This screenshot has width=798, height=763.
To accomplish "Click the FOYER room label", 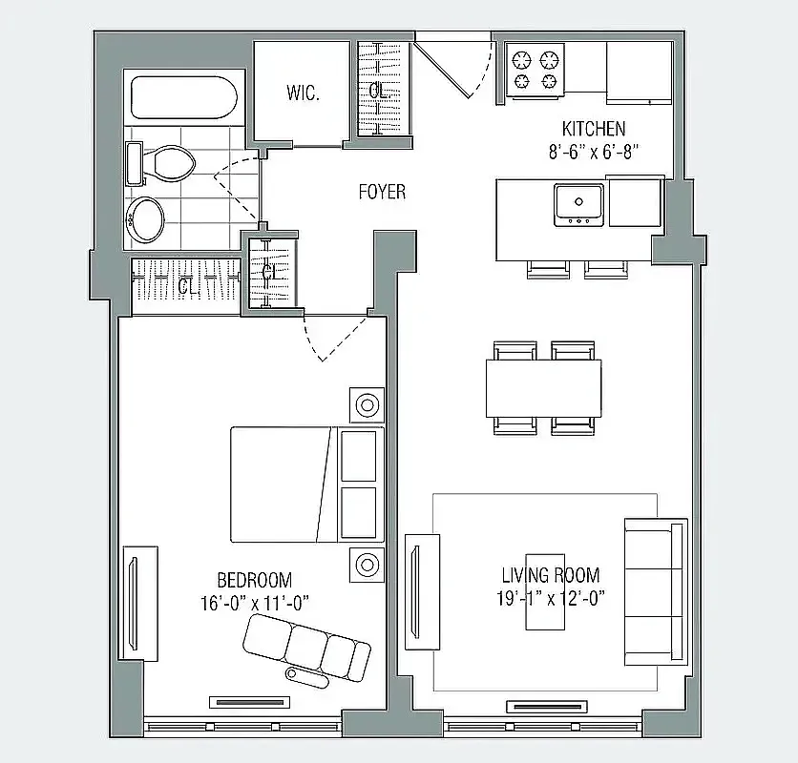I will (x=382, y=192).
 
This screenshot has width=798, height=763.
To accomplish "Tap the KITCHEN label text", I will (x=593, y=129).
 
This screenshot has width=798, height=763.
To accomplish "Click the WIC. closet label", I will (x=302, y=93).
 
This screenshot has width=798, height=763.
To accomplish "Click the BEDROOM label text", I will (x=254, y=580).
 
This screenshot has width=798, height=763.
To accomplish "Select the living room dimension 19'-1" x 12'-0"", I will (x=551, y=597).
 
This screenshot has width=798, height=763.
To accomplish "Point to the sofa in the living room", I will (x=654, y=591).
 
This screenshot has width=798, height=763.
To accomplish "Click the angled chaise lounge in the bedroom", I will (x=305, y=646).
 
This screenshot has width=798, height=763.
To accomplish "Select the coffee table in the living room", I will (x=545, y=591).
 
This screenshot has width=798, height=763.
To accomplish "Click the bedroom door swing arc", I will (x=334, y=339).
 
